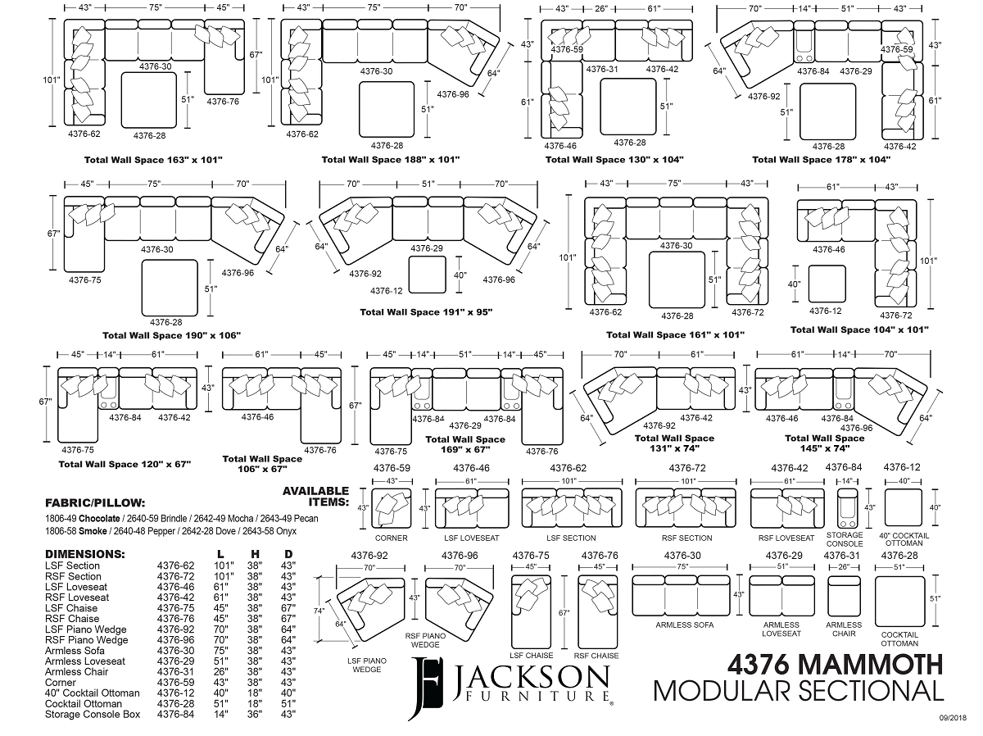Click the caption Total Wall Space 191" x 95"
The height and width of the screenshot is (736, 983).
pyautogui.click(x=426, y=312)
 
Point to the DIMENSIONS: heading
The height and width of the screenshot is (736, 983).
pyautogui.click(x=84, y=554)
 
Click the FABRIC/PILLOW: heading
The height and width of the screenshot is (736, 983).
pyautogui.click(x=95, y=502)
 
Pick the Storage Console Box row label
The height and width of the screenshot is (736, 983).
pyautogui.click(x=93, y=714)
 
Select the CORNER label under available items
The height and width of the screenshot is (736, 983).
pyautogui.click(x=392, y=538)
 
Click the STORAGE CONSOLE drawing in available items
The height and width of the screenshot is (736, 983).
pyautogui.click(x=849, y=509)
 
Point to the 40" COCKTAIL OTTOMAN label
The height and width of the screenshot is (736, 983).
pyautogui.click(x=904, y=539)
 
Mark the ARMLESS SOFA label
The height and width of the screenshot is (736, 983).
pyautogui.click(x=684, y=625)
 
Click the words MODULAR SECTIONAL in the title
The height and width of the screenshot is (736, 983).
pyautogui.click(x=798, y=691)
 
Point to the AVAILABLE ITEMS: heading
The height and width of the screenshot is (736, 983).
pyautogui.click(x=316, y=496)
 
